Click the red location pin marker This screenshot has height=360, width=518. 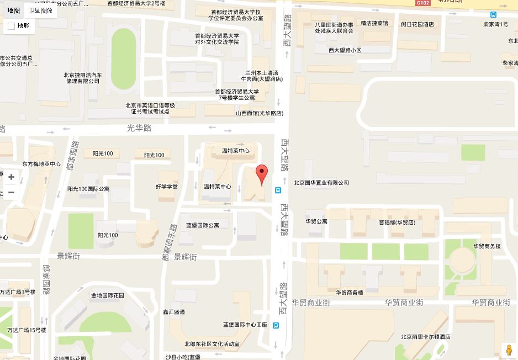tap(262, 173)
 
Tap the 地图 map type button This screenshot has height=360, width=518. tap(14, 10)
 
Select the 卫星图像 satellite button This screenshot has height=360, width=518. tap(40, 10)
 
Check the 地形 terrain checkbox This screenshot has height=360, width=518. tap(12, 26)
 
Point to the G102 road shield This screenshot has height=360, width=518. tap(423, 3)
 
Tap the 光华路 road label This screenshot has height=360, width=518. tap(139, 128)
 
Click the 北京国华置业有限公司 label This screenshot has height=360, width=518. tap(321, 183)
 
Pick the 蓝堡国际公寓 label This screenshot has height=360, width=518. tap(203, 225)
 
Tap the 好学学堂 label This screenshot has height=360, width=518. tap(167, 187)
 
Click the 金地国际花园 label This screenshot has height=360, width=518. tap(108, 295)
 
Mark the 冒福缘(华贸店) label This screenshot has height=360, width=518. tap(397, 222)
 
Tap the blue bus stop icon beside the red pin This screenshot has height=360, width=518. tap(277, 190)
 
